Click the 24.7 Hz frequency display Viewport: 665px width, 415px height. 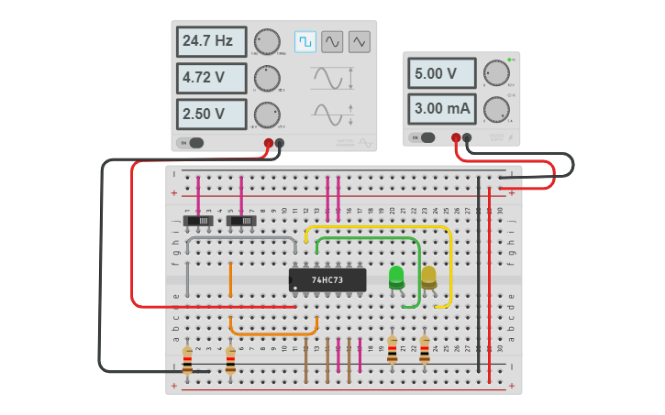point(212,41)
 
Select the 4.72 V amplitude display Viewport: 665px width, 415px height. point(212,78)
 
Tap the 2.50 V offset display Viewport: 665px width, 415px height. point(212,115)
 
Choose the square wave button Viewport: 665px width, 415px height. point(305,41)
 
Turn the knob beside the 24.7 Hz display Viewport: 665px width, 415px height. point(267,41)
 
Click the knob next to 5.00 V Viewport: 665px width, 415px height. point(496,73)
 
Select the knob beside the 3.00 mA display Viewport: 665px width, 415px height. point(496,109)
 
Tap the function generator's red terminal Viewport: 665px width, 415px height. point(269,143)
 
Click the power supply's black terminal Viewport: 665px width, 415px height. point(467,138)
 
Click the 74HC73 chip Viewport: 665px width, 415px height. point(327,279)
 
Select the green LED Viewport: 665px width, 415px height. point(396,277)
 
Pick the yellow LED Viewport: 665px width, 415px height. point(428,277)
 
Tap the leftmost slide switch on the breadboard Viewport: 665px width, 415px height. point(199,221)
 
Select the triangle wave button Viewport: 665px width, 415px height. point(359,41)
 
